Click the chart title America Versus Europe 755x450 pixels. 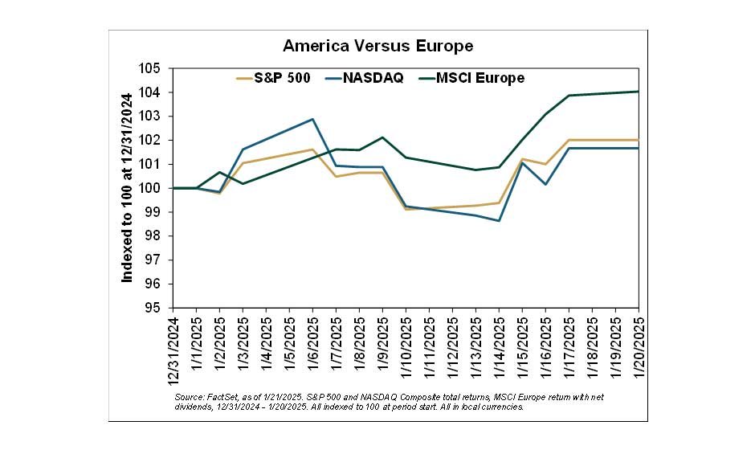pos(377,46)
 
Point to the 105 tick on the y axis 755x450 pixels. pos(153,68)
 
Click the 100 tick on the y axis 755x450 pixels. pos(153,188)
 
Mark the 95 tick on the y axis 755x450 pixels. pos(153,308)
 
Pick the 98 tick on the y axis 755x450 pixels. pos(153,236)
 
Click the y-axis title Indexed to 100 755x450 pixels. pos(127,188)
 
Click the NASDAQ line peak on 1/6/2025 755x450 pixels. pos(312,119)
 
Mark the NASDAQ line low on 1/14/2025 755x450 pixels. pos(499,220)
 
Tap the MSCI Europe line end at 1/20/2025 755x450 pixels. pos(638,92)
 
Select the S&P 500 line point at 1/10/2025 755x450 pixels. pos(406,209)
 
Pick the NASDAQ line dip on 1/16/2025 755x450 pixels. pos(545,184)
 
